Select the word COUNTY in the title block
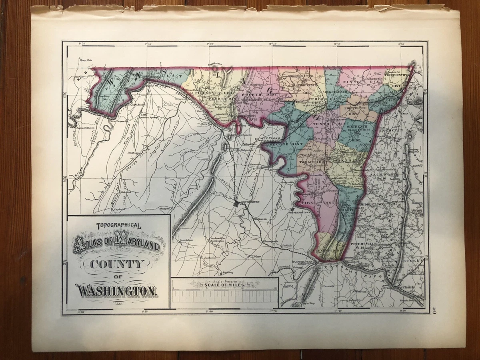116,264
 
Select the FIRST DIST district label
320,203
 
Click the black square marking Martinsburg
236,204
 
